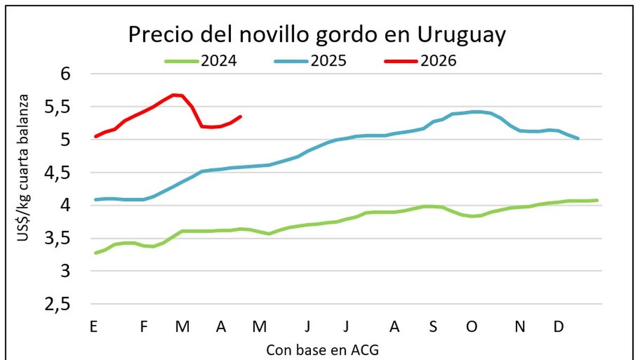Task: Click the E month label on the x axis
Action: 94,327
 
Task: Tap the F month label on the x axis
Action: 143,327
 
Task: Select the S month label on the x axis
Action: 433,327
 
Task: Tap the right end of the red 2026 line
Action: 241,116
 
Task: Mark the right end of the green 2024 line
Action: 597,200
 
